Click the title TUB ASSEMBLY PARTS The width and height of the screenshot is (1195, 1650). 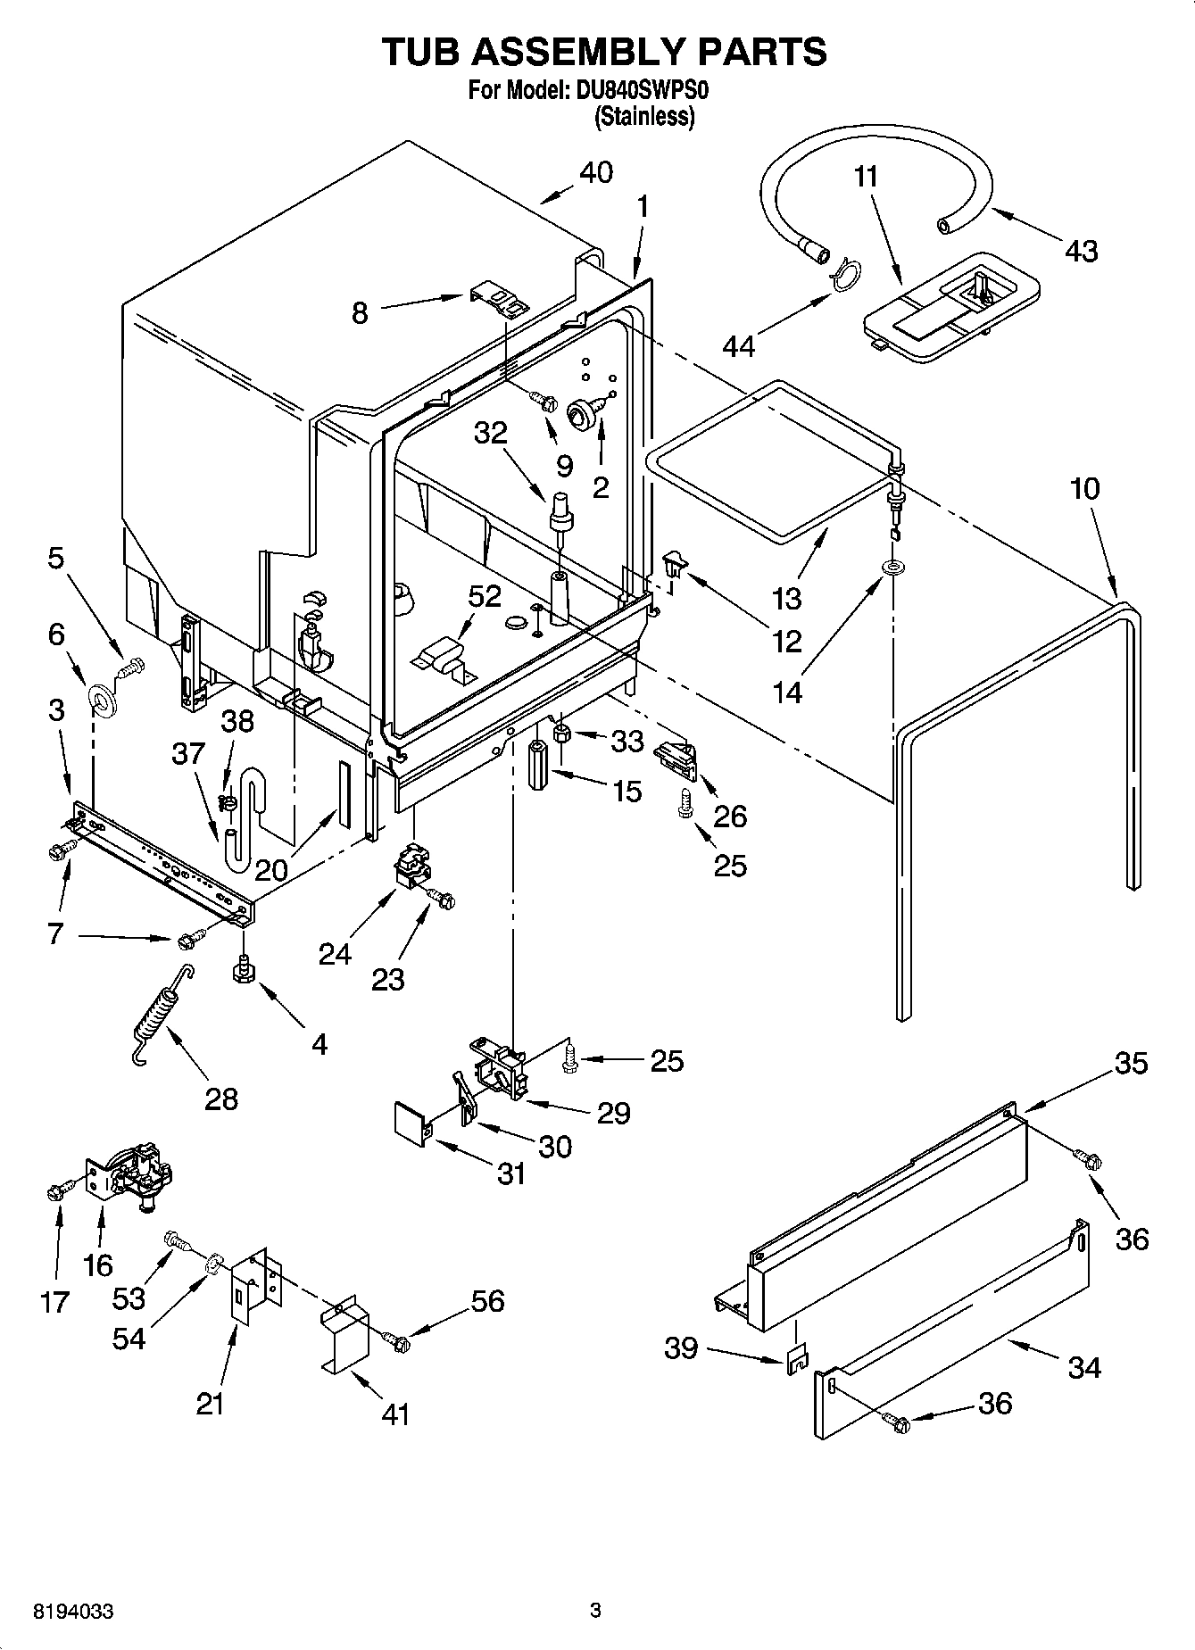pos(604,52)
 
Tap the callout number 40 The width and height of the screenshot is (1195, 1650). pos(596,171)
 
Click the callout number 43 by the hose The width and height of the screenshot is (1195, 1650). pos(1081,251)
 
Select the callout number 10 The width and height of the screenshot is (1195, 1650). pos(1084,488)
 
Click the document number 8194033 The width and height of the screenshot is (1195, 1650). pos(73,1612)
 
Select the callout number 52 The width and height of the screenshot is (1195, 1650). pos(485,596)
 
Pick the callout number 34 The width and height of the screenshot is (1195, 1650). pos(1083,1367)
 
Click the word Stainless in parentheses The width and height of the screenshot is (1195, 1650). pos(643,117)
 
